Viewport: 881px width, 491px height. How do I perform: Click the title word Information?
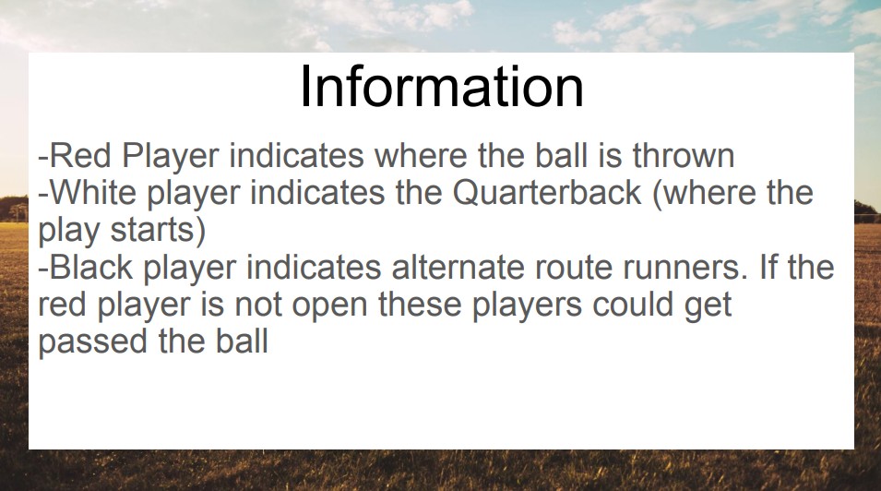(442, 87)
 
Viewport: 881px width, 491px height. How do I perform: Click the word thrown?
(684, 156)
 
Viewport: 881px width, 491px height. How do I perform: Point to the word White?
(93, 193)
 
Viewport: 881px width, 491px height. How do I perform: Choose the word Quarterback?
(547, 193)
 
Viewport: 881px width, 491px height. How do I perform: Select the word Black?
(91, 267)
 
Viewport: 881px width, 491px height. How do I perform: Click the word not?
(258, 305)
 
